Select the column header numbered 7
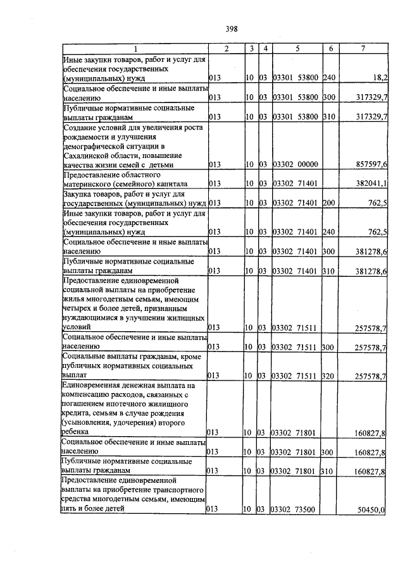363,49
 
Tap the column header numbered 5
296,49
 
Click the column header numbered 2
226,49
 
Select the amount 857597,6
371,164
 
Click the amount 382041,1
371,183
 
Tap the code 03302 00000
294,164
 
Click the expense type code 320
328,376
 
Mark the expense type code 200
328,203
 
